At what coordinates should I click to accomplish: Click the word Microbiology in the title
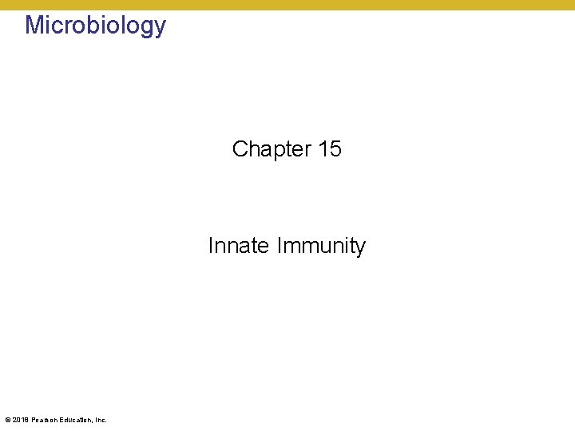click(95, 26)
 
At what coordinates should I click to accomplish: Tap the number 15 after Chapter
click(329, 149)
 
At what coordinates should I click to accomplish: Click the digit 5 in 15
click(335, 149)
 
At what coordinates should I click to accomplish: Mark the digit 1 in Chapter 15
click(323, 149)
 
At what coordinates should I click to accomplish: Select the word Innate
click(239, 246)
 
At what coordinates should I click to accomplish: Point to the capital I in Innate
click(211, 246)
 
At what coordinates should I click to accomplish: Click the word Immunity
click(321, 246)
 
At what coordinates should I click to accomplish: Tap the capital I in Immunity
click(280, 246)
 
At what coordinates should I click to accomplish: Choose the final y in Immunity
click(360, 248)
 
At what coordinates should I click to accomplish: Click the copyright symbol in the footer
click(7, 420)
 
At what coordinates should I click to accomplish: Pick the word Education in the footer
click(75, 420)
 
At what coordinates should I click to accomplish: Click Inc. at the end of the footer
click(101, 420)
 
